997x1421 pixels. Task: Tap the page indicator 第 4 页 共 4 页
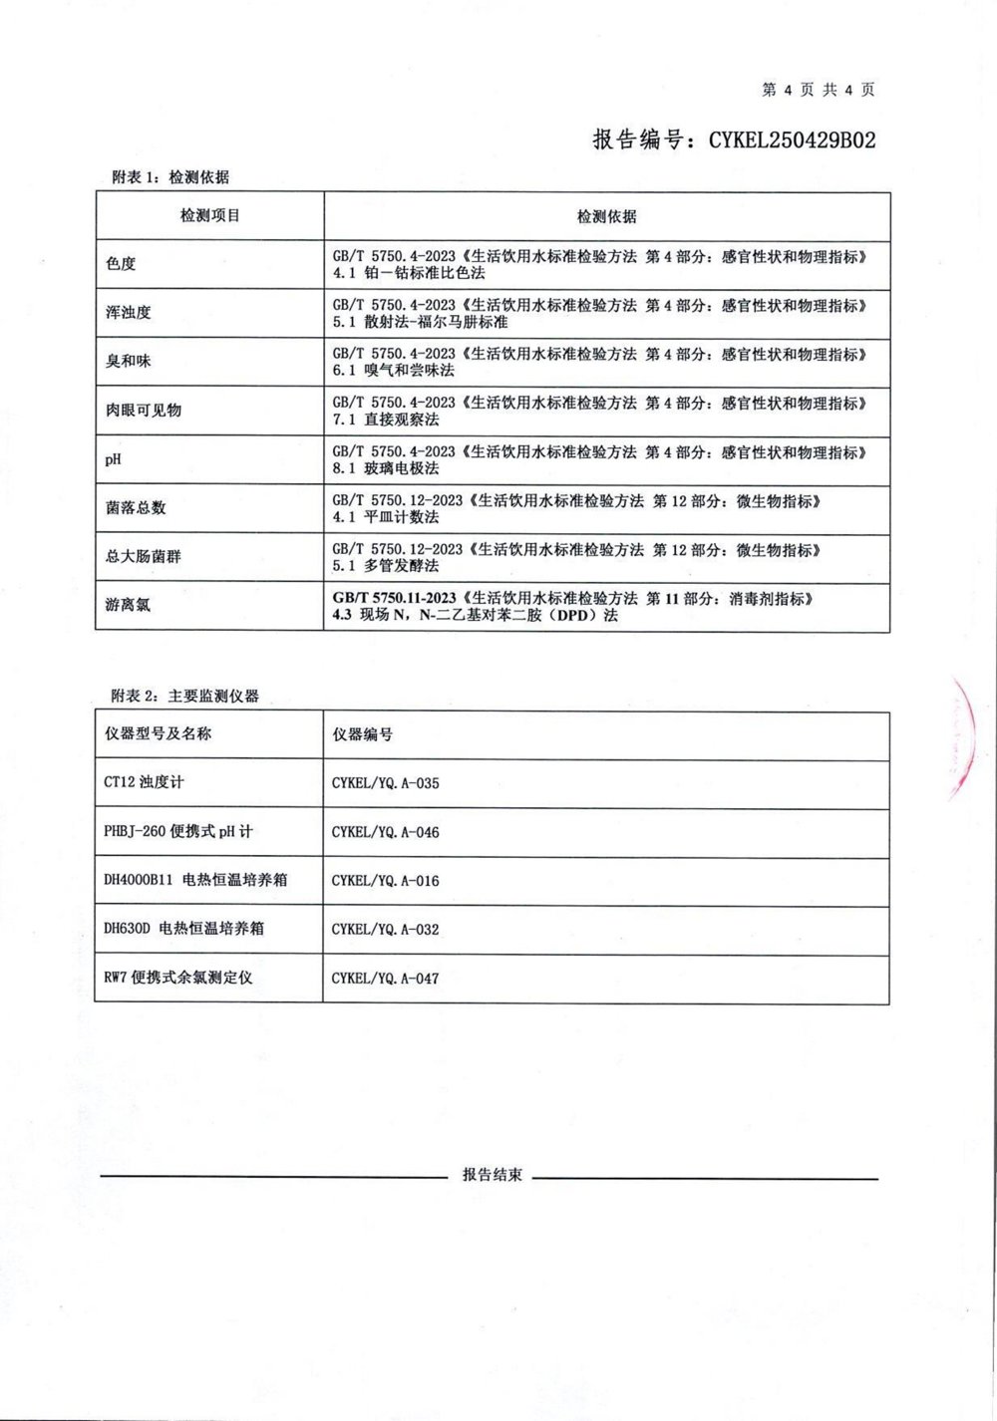point(818,90)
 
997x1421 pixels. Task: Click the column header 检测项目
point(209,215)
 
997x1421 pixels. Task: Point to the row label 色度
point(121,264)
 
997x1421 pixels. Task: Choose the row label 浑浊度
point(128,313)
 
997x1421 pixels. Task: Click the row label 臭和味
point(128,362)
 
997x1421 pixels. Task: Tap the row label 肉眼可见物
point(143,411)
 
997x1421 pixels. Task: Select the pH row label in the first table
point(112,459)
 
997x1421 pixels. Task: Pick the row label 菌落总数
point(136,508)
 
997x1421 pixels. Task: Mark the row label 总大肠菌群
point(143,557)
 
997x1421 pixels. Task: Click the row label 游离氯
point(128,605)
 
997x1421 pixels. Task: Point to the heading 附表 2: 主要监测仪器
point(184,696)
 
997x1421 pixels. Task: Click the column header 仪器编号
point(362,734)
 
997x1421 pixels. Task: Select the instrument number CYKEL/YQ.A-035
point(385,783)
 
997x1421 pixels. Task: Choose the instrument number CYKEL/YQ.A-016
point(385,881)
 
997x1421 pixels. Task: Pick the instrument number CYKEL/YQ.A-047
point(385,979)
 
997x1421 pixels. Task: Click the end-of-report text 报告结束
point(492,1175)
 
